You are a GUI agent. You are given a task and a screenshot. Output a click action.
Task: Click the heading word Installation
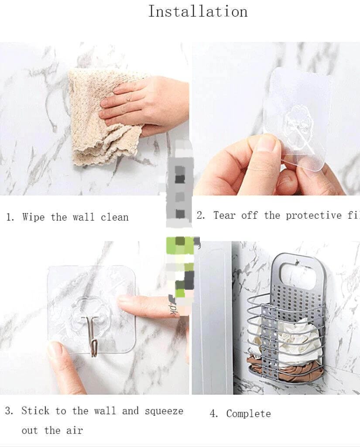pos(198,11)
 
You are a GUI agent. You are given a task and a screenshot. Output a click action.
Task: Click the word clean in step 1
pos(115,217)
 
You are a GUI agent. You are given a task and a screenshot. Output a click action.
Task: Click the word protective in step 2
pos(314,215)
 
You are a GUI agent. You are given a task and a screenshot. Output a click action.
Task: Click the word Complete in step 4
pos(248,414)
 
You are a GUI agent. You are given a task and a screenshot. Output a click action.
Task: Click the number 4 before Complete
pos(213,414)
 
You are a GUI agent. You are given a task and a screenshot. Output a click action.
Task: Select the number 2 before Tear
pos(201,215)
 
